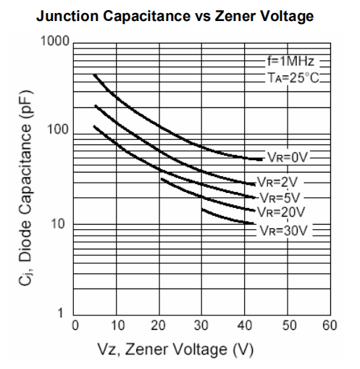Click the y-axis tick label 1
point(62,313)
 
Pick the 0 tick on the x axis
point(74,325)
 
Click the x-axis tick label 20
point(159,325)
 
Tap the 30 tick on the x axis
point(202,325)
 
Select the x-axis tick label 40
point(245,325)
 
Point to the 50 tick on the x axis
point(288,325)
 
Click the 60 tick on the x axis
point(330,325)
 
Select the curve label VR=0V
point(288,157)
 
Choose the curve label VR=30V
point(285,231)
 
